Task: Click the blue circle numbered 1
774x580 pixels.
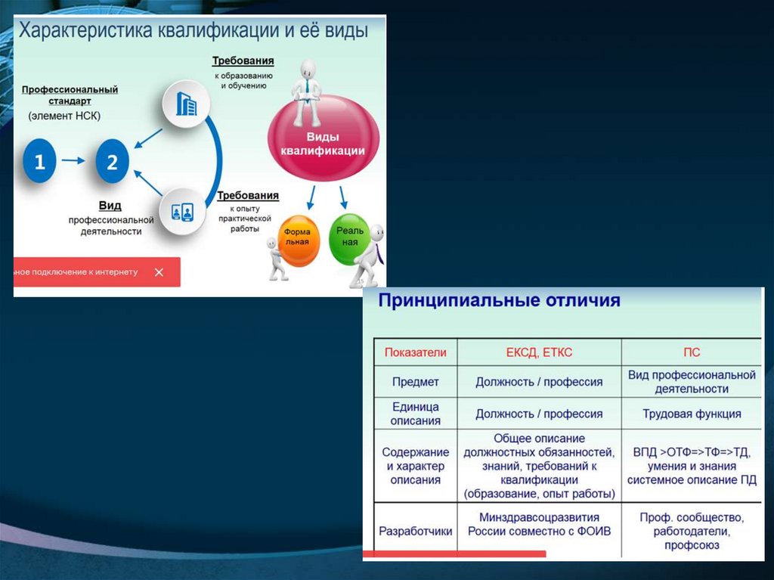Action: pyautogui.click(x=40, y=161)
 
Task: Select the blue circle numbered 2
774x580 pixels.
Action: pyautogui.click(x=112, y=161)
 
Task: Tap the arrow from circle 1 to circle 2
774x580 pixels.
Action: pyautogui.click(x=74, y=160)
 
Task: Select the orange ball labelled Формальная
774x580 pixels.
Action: pyautogui.click(x=297, y=241)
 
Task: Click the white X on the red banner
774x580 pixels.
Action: pyautogui.click(x=159, y=272)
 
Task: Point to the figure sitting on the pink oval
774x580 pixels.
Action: pyautogui.click(x=308, y=91)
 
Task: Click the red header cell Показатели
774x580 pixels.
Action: pyautogui.click(x=416, y=352)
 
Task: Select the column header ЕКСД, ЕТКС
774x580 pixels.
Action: pyautogui.click(x=539, y=352)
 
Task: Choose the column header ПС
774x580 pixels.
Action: pyautogui.click(x=691, y=352)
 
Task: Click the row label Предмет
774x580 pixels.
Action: pyautogui.click(x=416, y=382)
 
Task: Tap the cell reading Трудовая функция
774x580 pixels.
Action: pyautogui.click(x=691, y=414)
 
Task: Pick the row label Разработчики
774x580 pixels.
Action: pyautogui.click(x=416, y=531)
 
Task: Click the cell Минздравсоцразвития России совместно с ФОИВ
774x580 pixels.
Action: pyautogui.click(x=539, y=524)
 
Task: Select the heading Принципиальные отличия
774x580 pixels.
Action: pyautogui.click(x=499, y=301)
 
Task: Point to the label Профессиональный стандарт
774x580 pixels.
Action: pyautogui.click(x=70, y=95)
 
